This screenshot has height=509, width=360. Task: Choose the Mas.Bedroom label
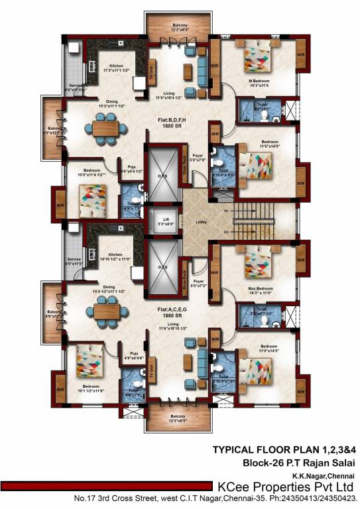(257, 270)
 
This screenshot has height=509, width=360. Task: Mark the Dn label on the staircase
(226, 231)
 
